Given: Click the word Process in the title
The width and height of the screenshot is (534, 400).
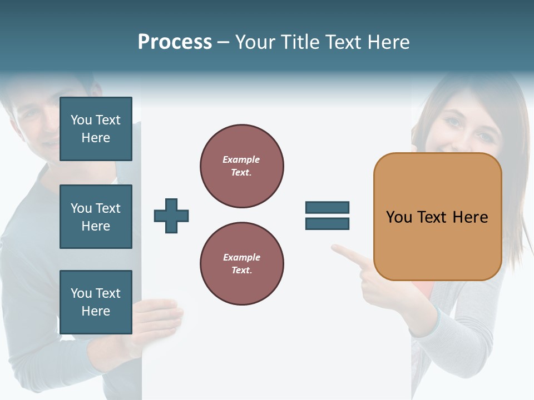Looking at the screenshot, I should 175,42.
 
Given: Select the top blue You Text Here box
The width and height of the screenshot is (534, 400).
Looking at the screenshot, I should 96,129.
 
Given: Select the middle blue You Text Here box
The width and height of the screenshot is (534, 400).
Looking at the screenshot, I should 96,217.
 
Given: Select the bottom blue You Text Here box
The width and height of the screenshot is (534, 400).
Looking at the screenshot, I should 96,302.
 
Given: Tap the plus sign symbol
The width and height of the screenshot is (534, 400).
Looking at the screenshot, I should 171,216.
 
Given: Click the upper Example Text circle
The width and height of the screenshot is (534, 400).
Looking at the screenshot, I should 241,166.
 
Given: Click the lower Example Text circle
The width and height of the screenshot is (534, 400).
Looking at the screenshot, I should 241,264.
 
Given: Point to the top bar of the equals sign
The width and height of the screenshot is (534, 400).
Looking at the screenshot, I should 327,207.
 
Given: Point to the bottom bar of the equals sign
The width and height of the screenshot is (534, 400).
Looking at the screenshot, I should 327,224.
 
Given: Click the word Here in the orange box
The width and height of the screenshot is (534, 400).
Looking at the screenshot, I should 470,217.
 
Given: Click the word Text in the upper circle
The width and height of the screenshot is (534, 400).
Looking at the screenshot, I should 241,172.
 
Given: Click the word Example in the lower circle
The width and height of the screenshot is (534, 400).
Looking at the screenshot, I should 241,257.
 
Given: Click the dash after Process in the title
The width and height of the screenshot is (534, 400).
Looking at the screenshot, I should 223,42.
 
